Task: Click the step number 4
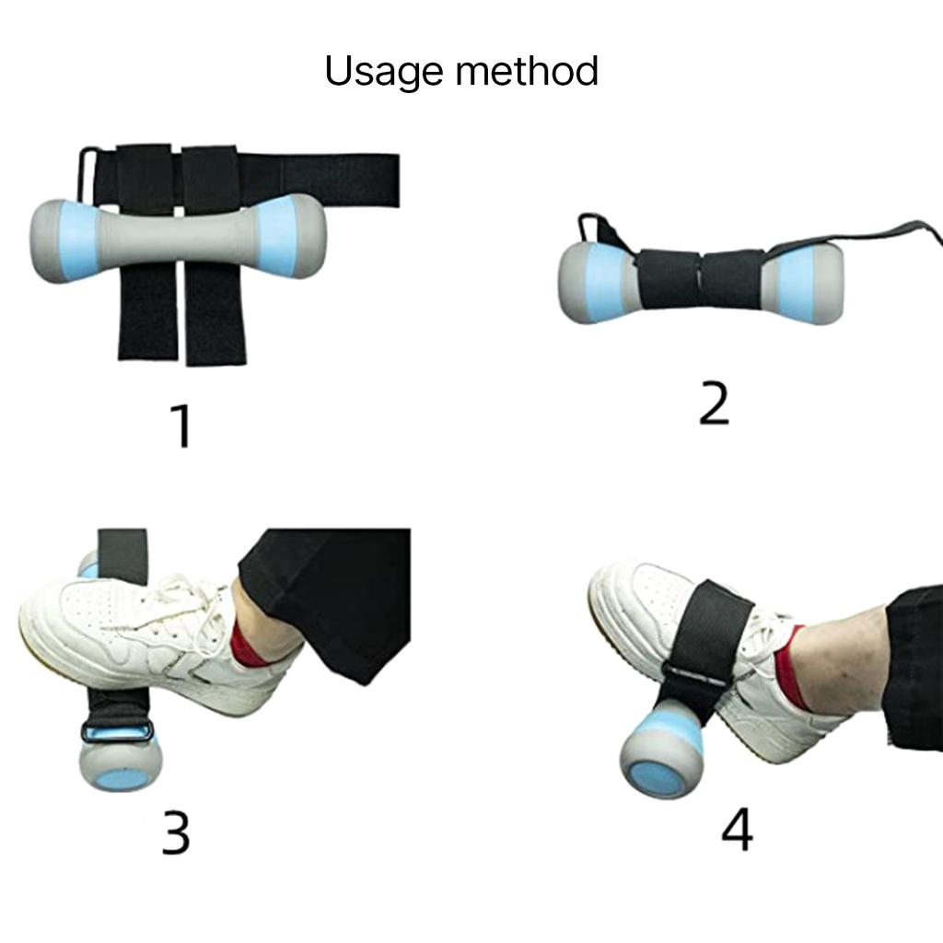point(737,830)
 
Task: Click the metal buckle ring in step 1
point(87,174)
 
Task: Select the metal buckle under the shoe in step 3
point(117,732)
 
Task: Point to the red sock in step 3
point(244,645)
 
